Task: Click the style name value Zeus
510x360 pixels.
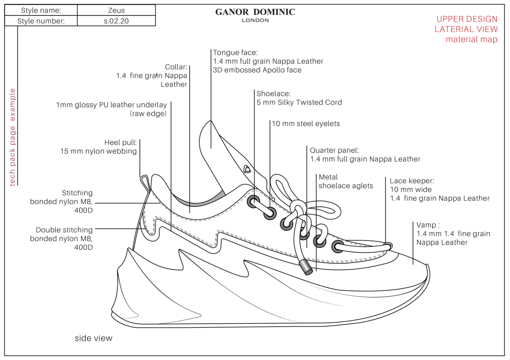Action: coord(116,11)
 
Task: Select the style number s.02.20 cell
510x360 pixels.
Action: coord(116,21)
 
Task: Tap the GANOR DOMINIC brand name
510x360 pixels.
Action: coord(255,12)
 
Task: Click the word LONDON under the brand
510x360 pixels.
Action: coord(255,20)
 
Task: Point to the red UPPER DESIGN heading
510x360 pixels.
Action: coord(467,19)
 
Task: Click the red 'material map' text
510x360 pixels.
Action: coord(471,39)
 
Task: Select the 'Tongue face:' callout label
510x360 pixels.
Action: coord(235,53)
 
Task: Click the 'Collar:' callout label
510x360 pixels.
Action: coord(176,67)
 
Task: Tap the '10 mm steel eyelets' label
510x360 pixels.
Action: coord(306,124)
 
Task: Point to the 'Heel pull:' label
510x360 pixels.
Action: coord(120,143)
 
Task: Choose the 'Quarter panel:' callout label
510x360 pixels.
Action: coord(334,150)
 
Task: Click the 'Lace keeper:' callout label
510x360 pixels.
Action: coord(412,181)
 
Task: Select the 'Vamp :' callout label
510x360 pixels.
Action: coord(428,225)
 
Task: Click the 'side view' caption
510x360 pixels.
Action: coord(93,338)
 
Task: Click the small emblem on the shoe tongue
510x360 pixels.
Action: coord(247,169)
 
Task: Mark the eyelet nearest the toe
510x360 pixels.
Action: coord(338,247)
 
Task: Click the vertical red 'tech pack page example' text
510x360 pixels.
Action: coord(12,137)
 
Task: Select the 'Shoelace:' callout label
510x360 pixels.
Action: coord(273,94)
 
